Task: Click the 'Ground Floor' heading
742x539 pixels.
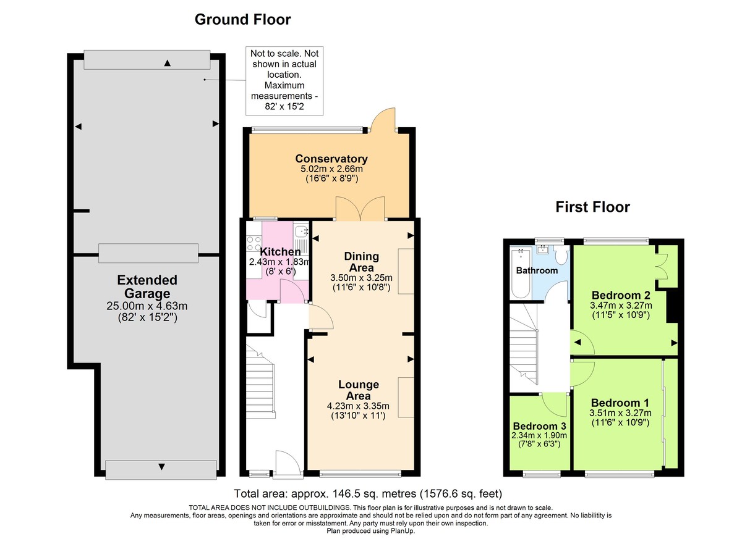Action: click(x=242, y=20)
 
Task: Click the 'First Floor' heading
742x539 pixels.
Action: click(x=592, y=207)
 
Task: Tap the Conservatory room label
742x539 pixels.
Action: click(x=331, y=159)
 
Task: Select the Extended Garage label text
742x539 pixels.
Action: click(x=147, y=287)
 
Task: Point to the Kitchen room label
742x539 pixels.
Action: click(x=280, y=252)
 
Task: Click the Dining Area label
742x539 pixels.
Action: click(x=362, y=262)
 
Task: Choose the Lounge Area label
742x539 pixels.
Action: click(x=359, y=390)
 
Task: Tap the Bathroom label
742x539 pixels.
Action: click(x=537, y=270)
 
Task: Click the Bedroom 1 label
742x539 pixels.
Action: click(x=615, y=403)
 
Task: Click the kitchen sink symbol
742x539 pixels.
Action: click(x=302, y=232)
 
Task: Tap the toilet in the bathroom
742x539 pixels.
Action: click(x=561, y=254)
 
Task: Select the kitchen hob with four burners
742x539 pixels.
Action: click(x=254, y=244)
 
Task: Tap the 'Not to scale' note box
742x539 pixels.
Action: click(x=278, y=80)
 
